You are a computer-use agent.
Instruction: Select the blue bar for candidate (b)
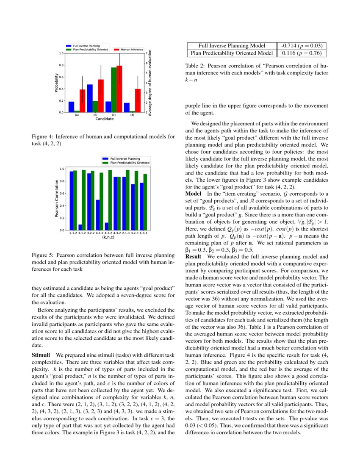[x=90, y=98]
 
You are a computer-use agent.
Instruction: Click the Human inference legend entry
[x=132, y=50]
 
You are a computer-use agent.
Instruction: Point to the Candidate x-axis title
[x=104, y=119]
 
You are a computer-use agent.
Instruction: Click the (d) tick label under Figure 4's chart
[x=132, y=115]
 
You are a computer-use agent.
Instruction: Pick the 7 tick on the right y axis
[x=146, y=53]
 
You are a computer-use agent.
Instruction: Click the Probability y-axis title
[x=56, y=83]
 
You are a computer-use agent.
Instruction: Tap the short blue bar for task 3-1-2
[x=80, y=227]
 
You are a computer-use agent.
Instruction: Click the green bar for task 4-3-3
[x=145, y=202]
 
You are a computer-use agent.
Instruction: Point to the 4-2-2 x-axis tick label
[x=108, y=233]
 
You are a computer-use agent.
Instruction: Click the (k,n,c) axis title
[x=108, y=238]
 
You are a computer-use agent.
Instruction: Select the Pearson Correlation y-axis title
[x=56, y=199]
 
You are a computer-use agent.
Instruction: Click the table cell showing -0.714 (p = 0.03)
[x=302, y=46]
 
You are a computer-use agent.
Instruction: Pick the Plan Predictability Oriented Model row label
[x=232, y=53]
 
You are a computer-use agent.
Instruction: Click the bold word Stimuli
[x=41, y=354]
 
